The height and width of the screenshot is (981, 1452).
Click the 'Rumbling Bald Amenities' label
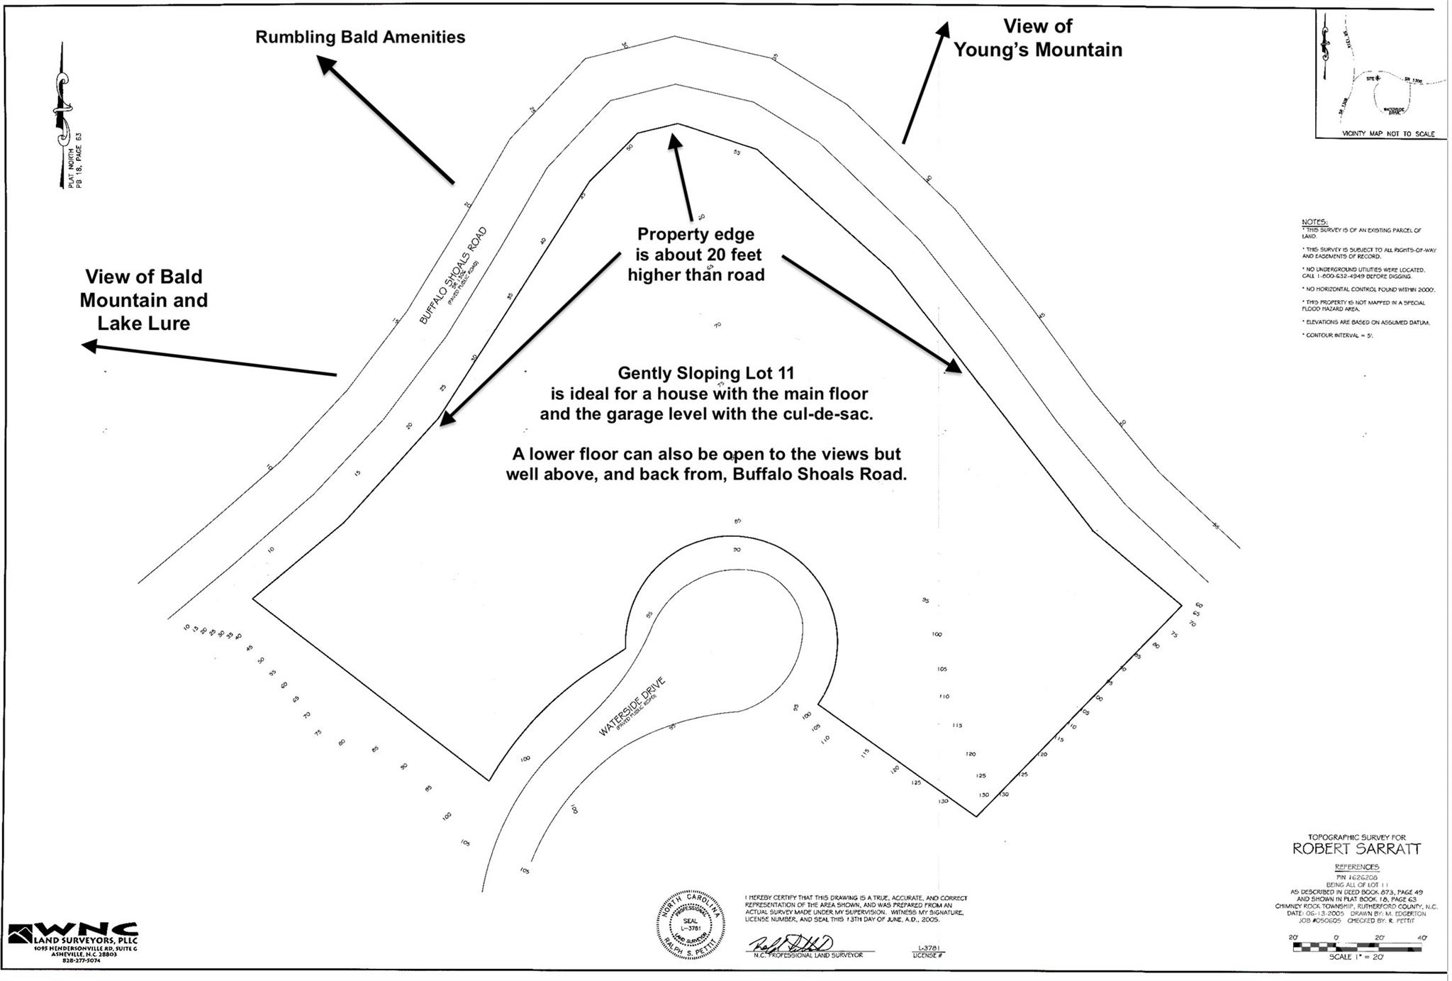[360, 38]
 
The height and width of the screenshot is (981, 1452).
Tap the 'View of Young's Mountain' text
[1037, 38]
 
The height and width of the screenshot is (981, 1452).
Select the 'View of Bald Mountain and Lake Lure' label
[144, 300]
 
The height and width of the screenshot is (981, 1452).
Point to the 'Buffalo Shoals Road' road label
[453, 275]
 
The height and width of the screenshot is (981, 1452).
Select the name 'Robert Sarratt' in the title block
[1356, 849]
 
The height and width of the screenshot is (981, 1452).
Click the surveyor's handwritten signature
[791, 944]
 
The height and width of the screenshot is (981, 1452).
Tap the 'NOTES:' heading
[1314, 222]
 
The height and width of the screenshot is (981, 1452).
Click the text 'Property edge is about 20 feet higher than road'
[696, 255]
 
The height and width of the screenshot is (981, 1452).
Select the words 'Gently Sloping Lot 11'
[705, 373]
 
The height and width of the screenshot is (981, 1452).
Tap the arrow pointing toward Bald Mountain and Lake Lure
[209, 360]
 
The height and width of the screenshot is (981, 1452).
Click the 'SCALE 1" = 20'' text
[1356, 957]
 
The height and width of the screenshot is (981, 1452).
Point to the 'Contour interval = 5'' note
[1337, 335]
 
